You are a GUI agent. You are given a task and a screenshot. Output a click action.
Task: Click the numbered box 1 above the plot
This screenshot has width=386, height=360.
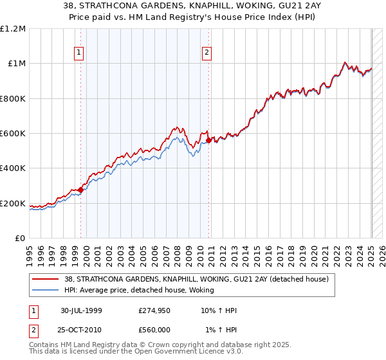pyautogui.click(x=78, y=53)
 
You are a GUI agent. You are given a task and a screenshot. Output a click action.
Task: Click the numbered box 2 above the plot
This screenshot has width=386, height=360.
pyautogui.click(x=207, y=53)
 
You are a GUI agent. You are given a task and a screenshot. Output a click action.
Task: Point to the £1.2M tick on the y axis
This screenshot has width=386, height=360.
pyautogui.click(x=13, y=29)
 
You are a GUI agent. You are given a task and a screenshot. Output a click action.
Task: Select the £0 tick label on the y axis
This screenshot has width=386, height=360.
pyautogui.click(x=21, y=239)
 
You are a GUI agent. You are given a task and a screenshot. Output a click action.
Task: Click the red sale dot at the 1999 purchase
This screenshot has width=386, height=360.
pyautogui.click(x=81, y=190)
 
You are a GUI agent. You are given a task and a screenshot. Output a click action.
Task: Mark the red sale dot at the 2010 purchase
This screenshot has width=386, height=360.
pyautogui.click(x=208, y=140)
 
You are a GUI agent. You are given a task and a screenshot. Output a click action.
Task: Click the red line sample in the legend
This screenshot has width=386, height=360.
pyautogui.click(x=46, y=279)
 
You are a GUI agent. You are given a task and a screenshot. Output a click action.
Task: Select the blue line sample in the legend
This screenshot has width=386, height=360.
pyautogui.click(x=46, y=290)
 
